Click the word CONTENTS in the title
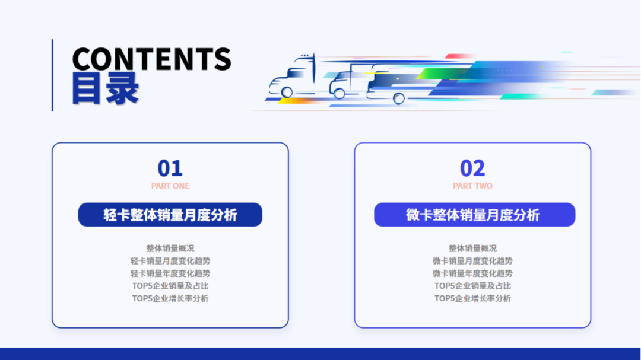pyautogui.click(x=151, y=59)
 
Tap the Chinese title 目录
pyautogui.click(x=106, y=89)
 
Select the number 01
pyautogui.click(x=170, y=168)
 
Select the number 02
pyautogui.click(x=472, y=168)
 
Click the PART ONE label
pyautogui.click(x=170, y=186)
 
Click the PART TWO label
pyautogui.click(x=472, y=186)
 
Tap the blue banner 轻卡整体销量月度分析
pyautogui.click(x=170, y=215)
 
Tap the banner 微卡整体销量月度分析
pyautogui.click(x=474, y=215)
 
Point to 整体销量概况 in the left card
pyautogui.click(x=170, y=249)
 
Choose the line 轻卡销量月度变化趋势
pyautogui.click(x=170, y=261)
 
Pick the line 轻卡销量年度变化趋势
pyautogui.click(x=170, y=273)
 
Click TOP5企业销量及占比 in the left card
pyautogui.click(x=170, y=286)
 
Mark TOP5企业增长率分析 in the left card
pyautogui.click(x=170, y=298)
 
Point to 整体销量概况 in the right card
pyautogui.click(x=472, y=249)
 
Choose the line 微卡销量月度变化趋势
pyautogui.click(x=472, y=261)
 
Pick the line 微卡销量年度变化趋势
pyautogui.click(x=472, y=273)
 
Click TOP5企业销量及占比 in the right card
pyautogui.click(x=472, y=286)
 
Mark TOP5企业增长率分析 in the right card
pyautogui.click(x=472, y=298)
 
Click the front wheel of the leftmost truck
pyautogui.click(x=287, y=92)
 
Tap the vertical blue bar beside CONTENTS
pyautogui.click(x=52, y=75)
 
